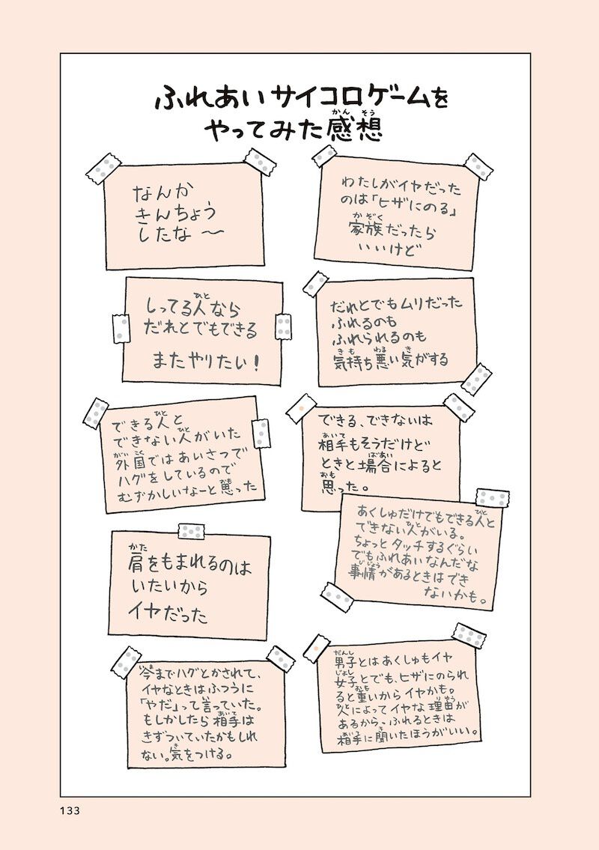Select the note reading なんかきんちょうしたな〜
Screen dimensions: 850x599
[184, 215]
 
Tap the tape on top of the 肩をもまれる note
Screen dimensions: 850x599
[192, 531]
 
